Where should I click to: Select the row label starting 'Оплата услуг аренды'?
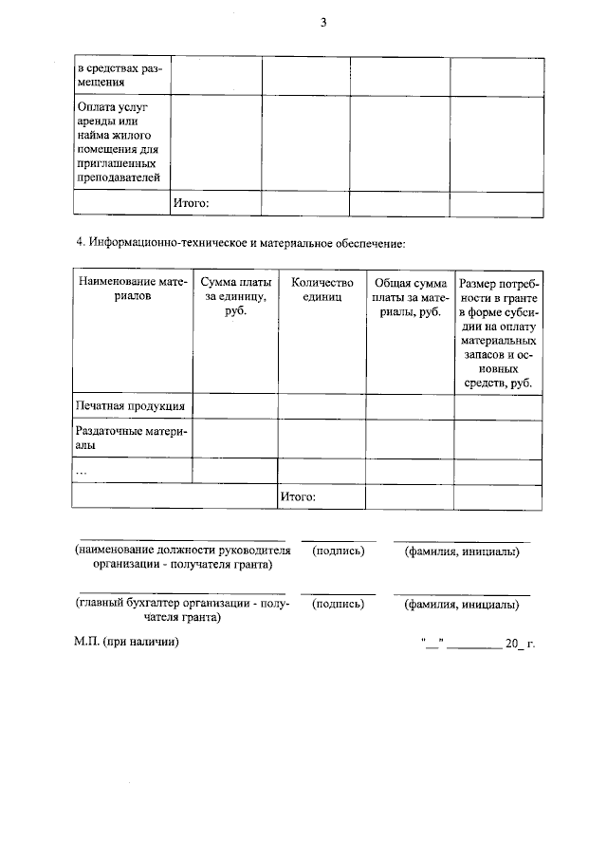[x=119, y=141]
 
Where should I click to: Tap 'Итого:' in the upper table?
[x=190, y=203]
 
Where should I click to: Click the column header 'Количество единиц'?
[x=322, y=290]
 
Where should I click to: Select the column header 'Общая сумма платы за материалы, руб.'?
[x=410, y=297]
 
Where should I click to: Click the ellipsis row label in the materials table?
[x=82, y=470]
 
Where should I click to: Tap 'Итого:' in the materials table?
[x=298, y=496]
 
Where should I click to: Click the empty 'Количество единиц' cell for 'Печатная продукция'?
[x=322, y=406]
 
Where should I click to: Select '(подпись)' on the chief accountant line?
[x=339, y=604]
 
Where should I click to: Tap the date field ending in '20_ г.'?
[x=478, y=644]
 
